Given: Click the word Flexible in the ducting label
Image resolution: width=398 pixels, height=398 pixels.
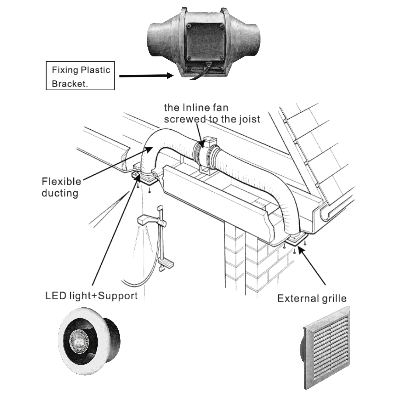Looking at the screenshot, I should (61, 182).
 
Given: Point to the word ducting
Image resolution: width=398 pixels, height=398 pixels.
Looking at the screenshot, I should (60, 193).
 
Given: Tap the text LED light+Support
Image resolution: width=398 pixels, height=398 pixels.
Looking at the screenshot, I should (91, 296).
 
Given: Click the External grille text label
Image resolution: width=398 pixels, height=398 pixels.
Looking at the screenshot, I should (312, 298).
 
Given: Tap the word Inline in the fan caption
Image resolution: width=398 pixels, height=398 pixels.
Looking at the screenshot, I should (196, 108).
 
